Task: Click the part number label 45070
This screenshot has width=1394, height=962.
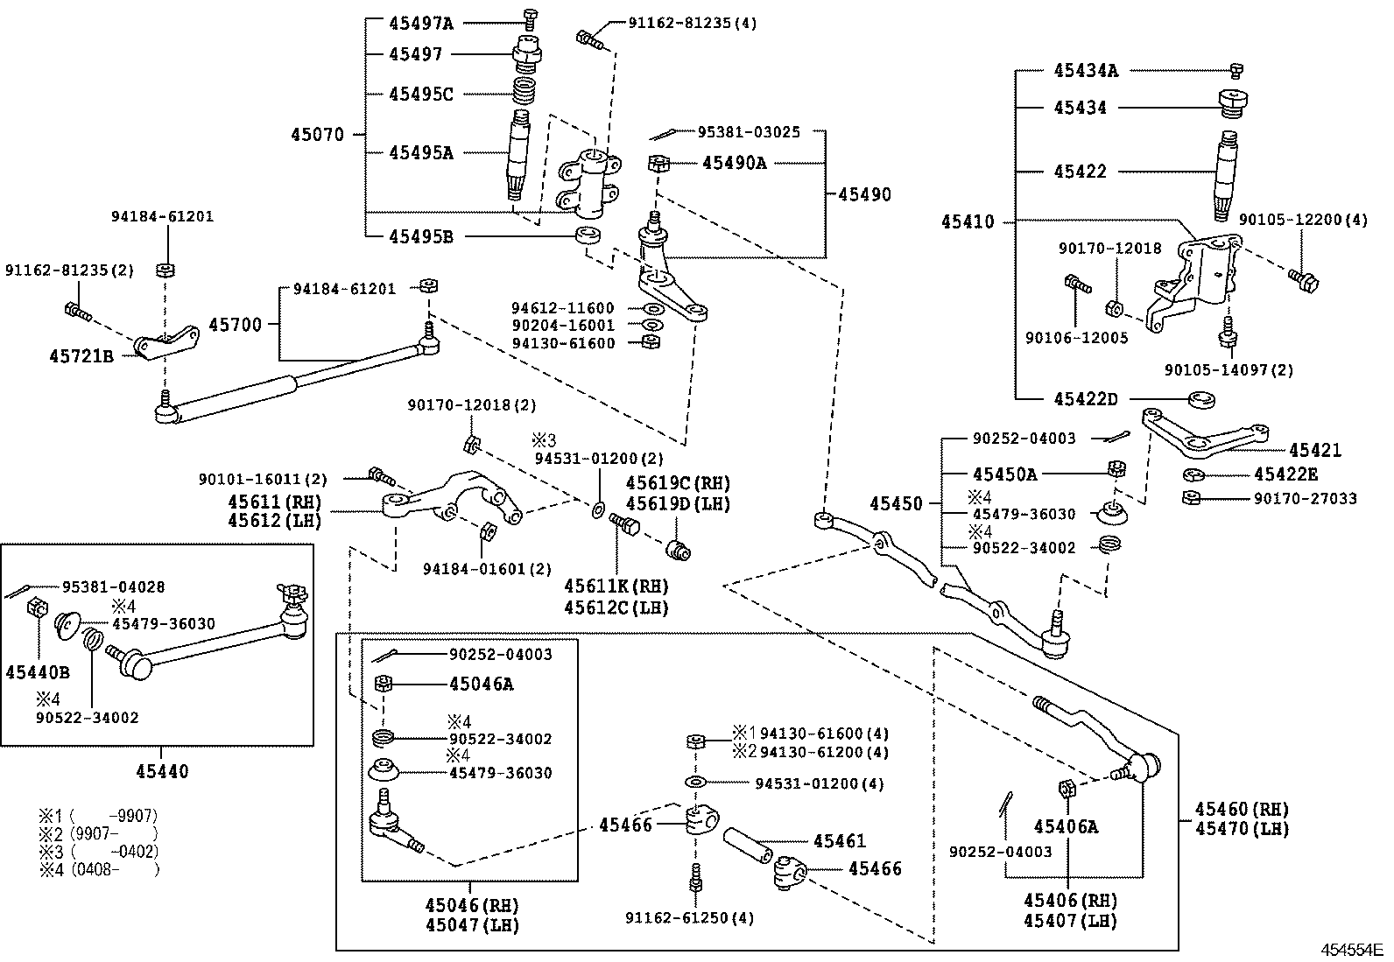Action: [317, 135]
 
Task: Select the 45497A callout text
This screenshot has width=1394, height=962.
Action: [421, 23]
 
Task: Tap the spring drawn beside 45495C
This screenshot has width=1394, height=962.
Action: [525, 90]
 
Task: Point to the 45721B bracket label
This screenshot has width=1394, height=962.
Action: [81, 355]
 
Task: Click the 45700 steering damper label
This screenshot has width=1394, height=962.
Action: [235, 325]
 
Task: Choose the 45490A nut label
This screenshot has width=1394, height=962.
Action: [734, 162]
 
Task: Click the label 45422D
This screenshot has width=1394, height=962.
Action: [1086, 398]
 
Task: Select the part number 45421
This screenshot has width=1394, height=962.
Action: [1314, 450]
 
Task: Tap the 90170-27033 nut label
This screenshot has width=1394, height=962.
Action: [1305, 498]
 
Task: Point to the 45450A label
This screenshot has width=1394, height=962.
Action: [1004, 474]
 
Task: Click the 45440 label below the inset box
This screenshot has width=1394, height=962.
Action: [162, 771]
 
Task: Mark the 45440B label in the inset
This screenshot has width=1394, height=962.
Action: [39, 672]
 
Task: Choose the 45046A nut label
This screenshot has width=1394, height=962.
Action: [481, 684]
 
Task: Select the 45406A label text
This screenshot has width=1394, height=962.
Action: [1066, 825]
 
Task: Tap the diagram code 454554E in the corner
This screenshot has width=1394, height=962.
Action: [1351, 949]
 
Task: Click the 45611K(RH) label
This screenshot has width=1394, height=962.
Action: [616, 586]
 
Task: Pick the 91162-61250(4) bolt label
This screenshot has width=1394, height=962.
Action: [689, 917]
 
